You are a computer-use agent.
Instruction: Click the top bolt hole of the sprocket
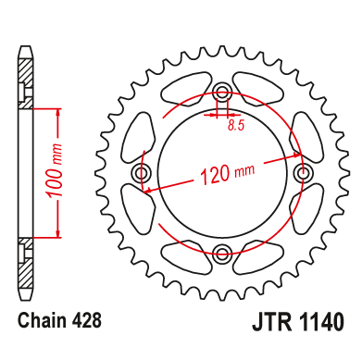[222, 90]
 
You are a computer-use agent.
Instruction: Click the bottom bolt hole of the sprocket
[222, 254]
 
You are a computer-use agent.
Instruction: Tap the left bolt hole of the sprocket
[142, 172]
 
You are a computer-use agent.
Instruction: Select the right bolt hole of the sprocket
[303, 172]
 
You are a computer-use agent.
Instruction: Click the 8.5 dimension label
[236, 126]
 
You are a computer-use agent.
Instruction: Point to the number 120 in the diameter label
[216, 175]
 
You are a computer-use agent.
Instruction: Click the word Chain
[42, 321]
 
